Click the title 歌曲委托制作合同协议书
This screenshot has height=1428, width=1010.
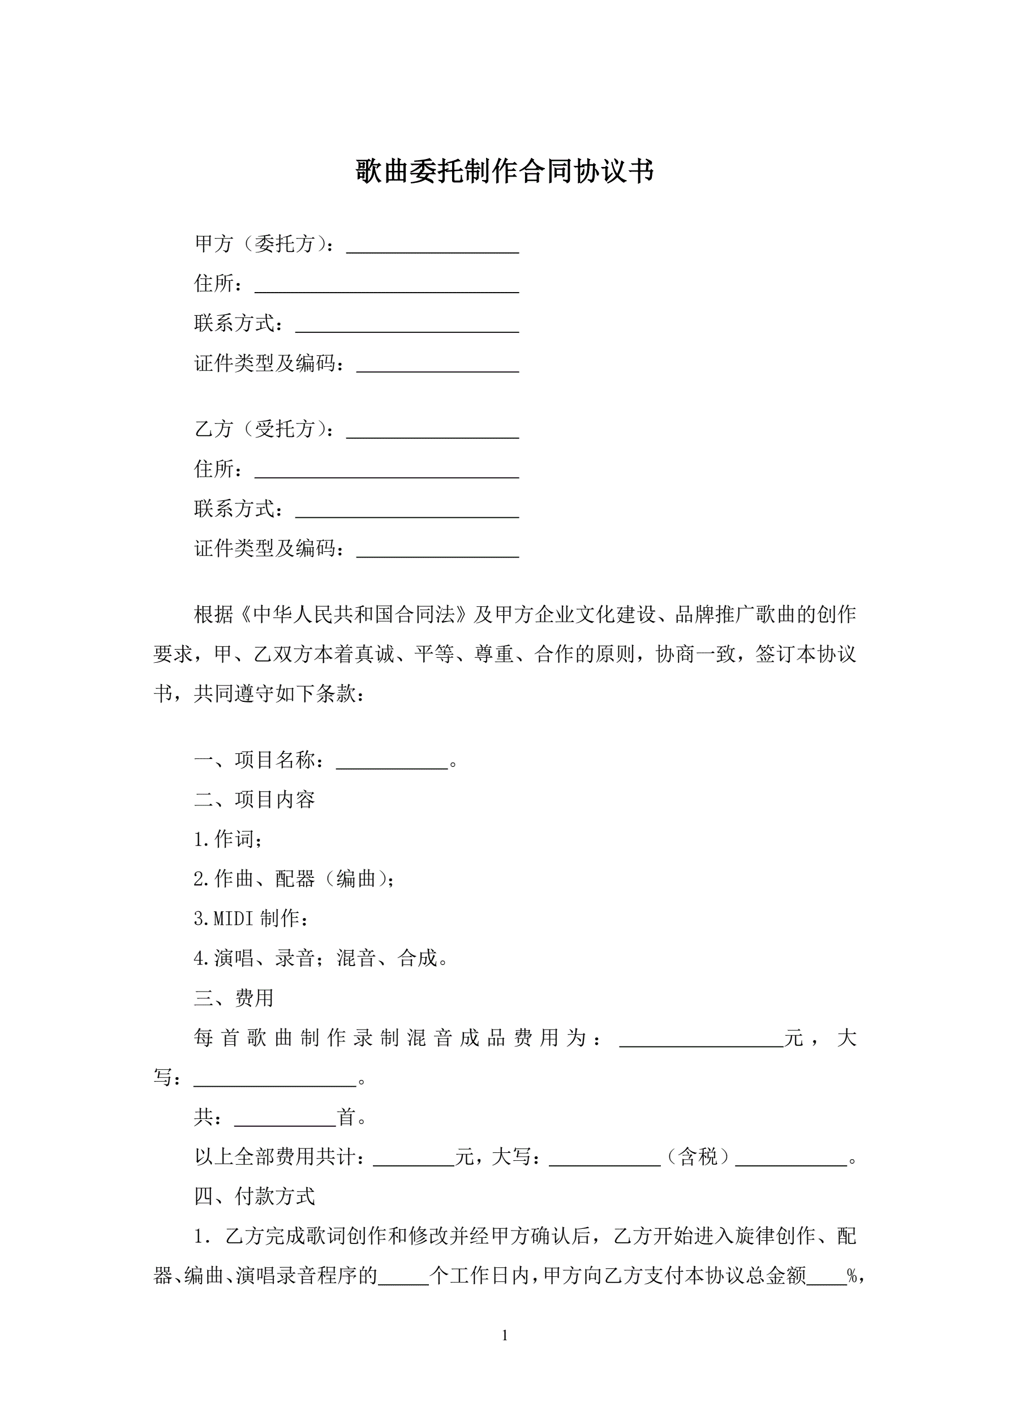click(504, 171)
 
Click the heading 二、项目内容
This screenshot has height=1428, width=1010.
click(255, 800)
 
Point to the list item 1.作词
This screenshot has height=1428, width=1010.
click(228, 839)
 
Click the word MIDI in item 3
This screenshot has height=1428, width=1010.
click(234, 919)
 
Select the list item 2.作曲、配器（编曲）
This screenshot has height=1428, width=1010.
click(294, 879)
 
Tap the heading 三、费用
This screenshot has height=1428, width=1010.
click(234, 998)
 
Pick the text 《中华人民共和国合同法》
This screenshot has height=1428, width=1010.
click(352, 615)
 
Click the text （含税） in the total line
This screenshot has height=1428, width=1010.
click(697, 1157)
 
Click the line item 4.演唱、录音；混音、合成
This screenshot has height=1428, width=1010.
click(321, 958)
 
